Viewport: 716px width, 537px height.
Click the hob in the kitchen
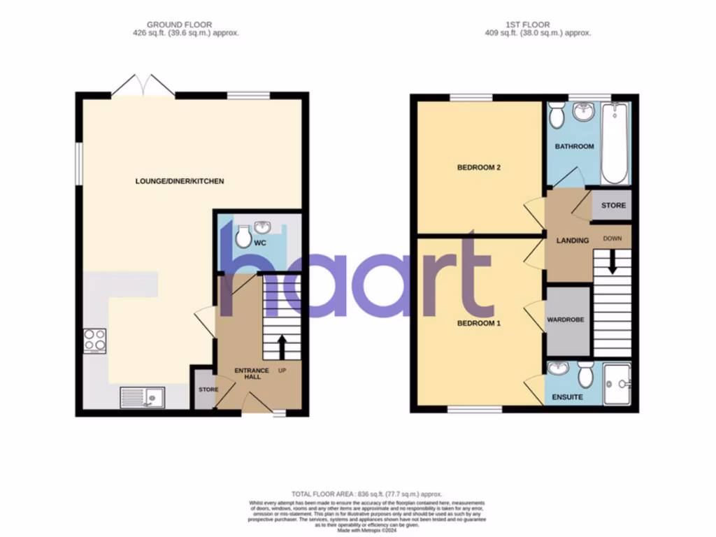tap(94, 341)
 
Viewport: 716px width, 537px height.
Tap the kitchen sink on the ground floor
tap(142, 397)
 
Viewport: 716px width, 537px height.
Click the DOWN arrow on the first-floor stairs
tap(612, 262)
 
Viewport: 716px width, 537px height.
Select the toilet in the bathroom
tap(557, 115)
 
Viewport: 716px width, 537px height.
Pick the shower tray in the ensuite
tap(616, 383)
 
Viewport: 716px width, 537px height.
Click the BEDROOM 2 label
tap(480, 168)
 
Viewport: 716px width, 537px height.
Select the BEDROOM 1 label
tap(480, 324)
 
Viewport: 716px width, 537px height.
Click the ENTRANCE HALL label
tap(247, 373)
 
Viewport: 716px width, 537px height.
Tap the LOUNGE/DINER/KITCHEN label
tap(180, 182)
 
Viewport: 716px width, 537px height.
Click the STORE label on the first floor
tap(614, 206)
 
